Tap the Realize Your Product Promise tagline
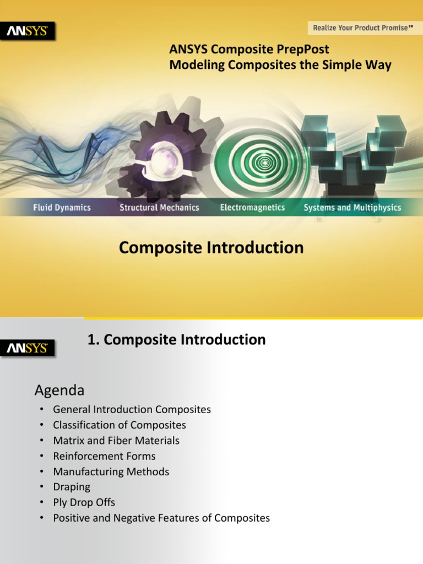pos(363,28)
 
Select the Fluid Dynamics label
pos(62,208)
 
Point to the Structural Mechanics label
pos(159,208)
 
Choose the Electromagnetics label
pos(252,208)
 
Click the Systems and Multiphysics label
pos(352,208)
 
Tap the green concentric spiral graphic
pos(265,162)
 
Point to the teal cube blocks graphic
pos(352,149)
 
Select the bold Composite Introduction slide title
pos(211,248)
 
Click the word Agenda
pos(59,391)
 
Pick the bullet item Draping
pos(72,487)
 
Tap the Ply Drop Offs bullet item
pos(84,502)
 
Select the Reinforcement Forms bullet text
pos(104,456)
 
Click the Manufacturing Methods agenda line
pos(111,471)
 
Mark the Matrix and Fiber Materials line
pos(116,441)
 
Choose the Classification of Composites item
pos(120,425)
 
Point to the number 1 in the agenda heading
pos(91,340)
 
